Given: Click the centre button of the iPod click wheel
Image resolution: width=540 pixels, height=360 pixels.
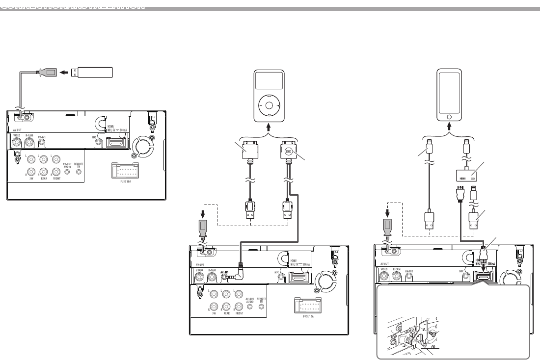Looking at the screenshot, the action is (269, 104).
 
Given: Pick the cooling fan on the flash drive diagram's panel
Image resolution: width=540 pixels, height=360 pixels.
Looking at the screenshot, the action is (144, 146).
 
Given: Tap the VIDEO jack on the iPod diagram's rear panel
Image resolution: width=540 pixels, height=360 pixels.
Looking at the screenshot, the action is (200, 277).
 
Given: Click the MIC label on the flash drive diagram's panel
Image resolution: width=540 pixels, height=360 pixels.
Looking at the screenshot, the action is (93, 137).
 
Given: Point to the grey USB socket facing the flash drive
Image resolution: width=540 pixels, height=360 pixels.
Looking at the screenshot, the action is (49, 73).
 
